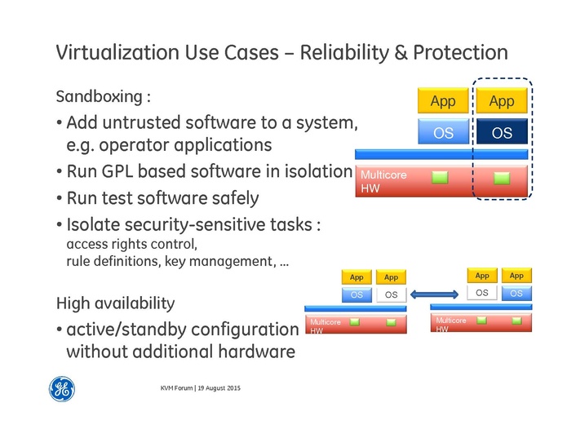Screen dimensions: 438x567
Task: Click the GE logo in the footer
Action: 62,390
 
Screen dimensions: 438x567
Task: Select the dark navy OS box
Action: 503,132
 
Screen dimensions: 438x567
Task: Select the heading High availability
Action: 115,303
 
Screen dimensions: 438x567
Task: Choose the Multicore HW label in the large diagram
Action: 383,182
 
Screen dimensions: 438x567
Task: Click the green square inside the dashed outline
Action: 502,176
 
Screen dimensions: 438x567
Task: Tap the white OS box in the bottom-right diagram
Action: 481,293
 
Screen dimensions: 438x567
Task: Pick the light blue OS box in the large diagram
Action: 443,132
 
